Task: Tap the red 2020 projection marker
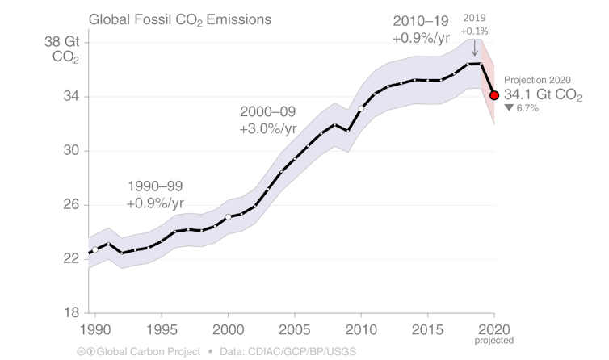tap(494, 95)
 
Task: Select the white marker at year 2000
tap(228, 216)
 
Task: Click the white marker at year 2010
tap(361, 108)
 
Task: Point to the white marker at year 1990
tap(95, 250)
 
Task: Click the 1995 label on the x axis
tap(161, 330)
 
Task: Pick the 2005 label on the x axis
tap(294, 330)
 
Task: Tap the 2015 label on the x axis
tap(427, 330)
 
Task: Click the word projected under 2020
tap(494, 341)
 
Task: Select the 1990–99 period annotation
tap(155, 186)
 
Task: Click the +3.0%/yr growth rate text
tap(268, 128)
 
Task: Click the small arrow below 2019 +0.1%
tap(474, 48)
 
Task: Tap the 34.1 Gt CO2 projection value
tap(542, 94)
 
